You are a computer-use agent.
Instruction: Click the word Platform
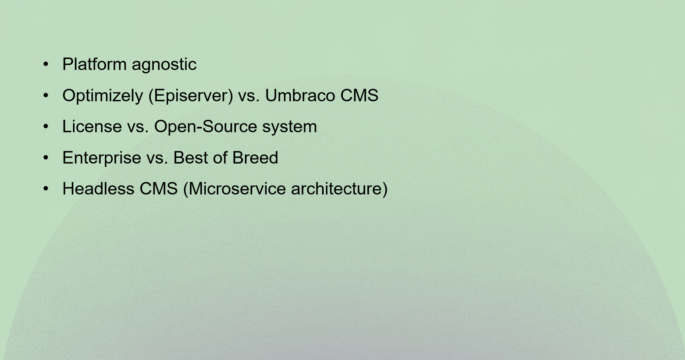coord(95,64)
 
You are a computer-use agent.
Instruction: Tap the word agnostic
coord(164,65)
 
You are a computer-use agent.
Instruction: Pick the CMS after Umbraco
coord(359,95)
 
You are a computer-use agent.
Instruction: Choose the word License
coord(92,127)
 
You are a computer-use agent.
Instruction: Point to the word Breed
coord(255,157)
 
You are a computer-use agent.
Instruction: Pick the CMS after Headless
coord(158,188)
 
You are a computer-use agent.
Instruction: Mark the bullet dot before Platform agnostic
coord(46,64)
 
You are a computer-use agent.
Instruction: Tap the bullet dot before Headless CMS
coord(46,188)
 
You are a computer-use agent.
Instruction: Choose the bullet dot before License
coord(46,127)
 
